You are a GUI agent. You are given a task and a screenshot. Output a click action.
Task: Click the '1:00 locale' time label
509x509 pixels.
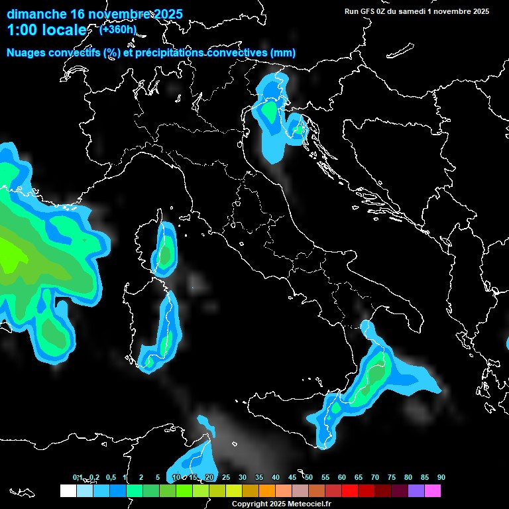coord(47,30)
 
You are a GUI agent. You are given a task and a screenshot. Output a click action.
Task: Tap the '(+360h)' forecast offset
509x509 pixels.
coord(118,29)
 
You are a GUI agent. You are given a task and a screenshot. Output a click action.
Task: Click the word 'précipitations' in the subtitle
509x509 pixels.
coord(170,53)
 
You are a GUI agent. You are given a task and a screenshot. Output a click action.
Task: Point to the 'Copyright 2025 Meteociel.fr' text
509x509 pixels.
coord(280,504)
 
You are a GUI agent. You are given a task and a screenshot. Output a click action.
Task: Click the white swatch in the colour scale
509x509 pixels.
coord(68,491)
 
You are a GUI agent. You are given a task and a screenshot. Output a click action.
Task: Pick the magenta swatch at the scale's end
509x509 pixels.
coord(432,491)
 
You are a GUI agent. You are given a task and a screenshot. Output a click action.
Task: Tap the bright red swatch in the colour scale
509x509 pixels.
coord(349,491)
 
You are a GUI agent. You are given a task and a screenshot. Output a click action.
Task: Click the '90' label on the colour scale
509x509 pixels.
coord(441,478)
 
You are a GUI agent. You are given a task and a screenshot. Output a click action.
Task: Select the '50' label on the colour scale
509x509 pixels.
coord(309,478)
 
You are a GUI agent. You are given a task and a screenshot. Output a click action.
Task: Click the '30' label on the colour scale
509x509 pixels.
coord(243,478)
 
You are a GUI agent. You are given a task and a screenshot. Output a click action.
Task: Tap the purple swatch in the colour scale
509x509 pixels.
coord(416,491)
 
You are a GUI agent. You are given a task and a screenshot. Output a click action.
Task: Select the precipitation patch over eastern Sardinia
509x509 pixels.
coord(166,339)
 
